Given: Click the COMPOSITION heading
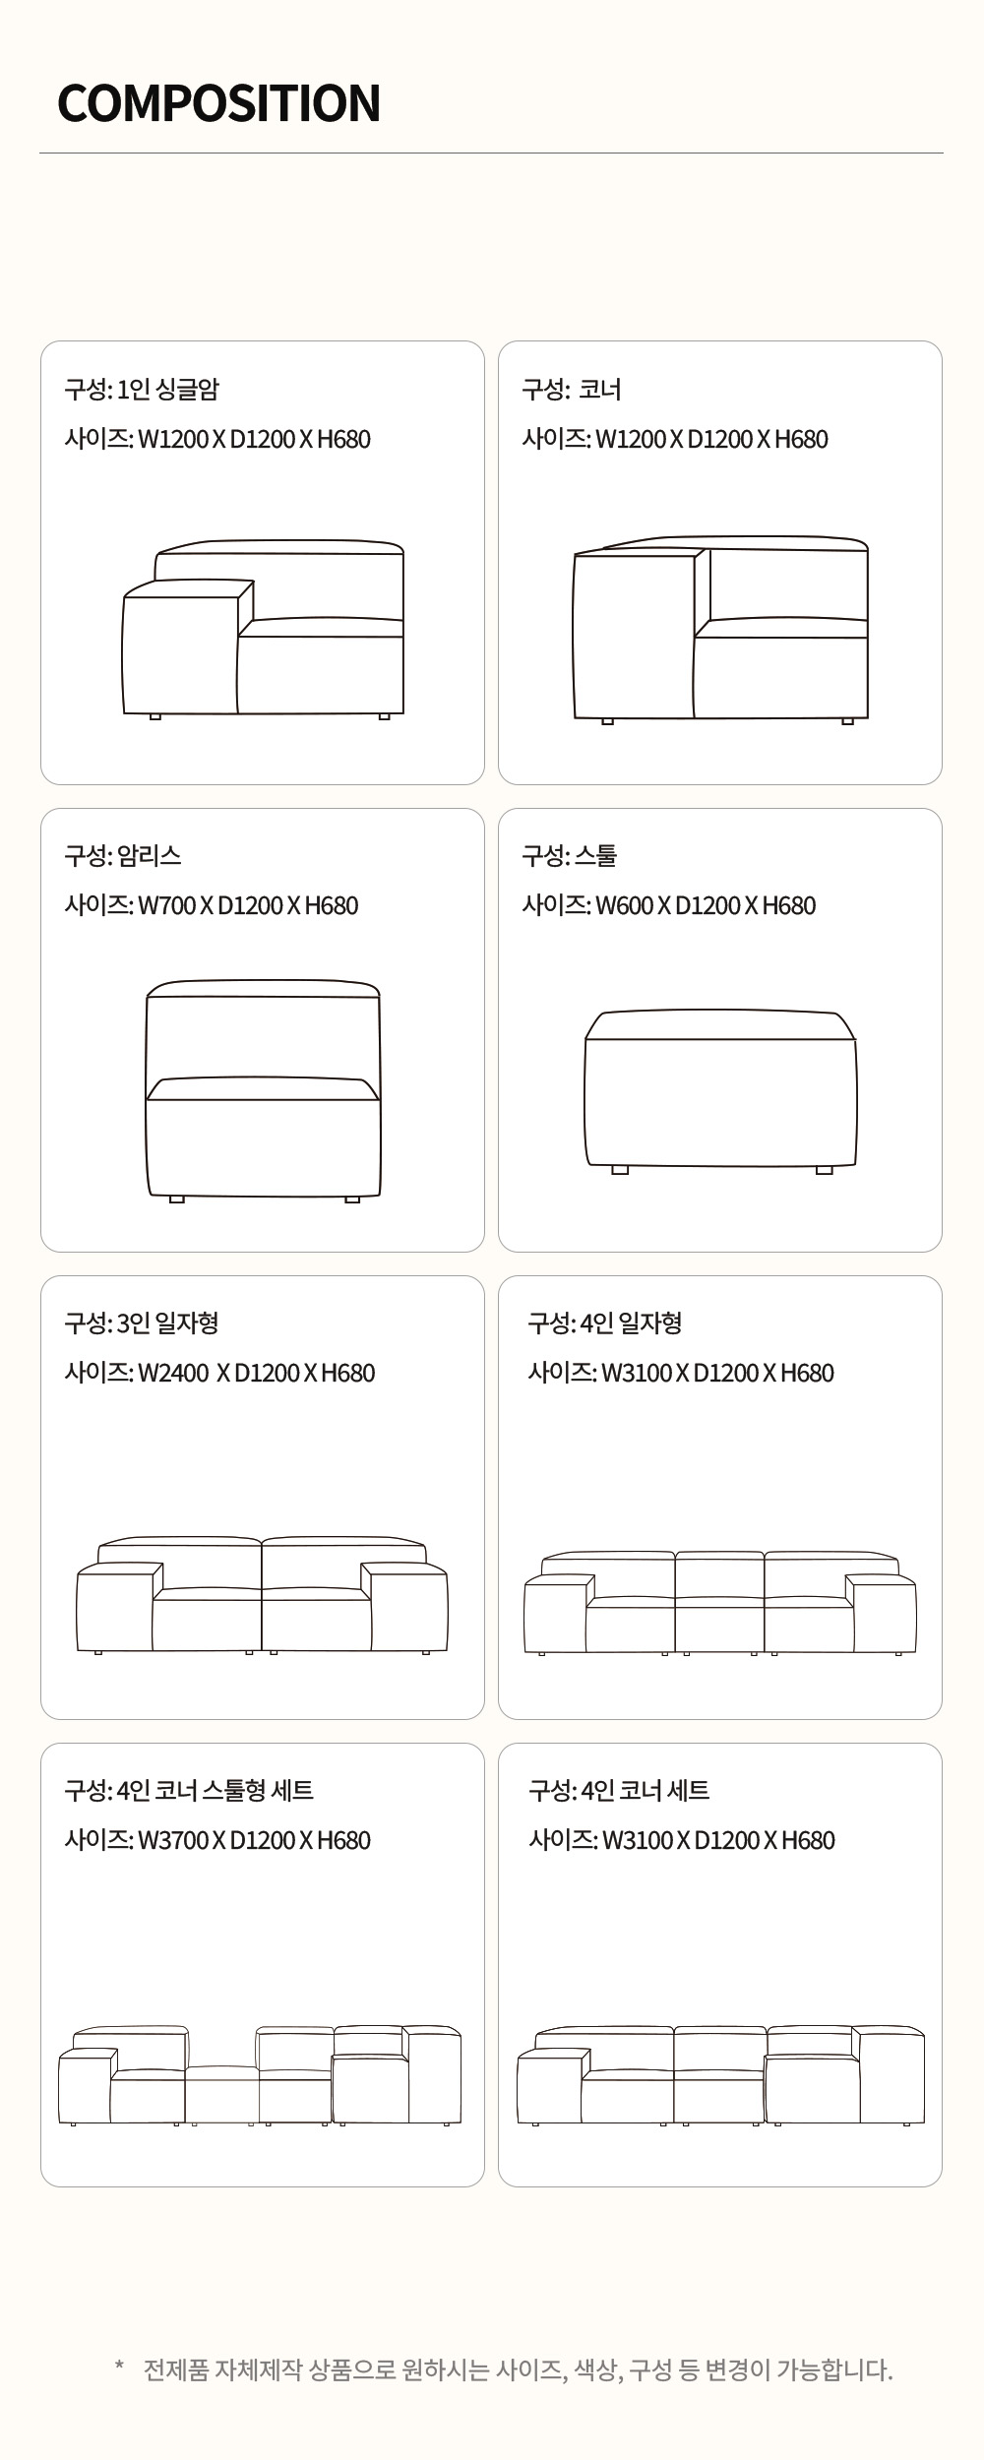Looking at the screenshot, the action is pos(218,103).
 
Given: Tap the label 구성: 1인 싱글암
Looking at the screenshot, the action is pos(142,390).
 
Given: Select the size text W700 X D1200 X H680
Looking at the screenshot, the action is pos(248,905).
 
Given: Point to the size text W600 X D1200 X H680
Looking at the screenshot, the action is pos(706,905).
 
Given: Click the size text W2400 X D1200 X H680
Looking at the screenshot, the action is pos(256,1373).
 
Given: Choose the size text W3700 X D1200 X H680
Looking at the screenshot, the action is pos(254,1840).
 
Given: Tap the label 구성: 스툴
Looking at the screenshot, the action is pos(570,856).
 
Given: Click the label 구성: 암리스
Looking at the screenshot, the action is pos(123,856).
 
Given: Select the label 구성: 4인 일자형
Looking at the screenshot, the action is pos(605,1323).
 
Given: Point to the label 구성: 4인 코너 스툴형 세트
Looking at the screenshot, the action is pos(189,1791).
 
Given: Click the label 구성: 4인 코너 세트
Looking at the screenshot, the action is pos(619,1791).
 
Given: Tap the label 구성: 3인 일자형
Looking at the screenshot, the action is pos(142,1323).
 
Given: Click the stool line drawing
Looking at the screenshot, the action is pos(720,1091).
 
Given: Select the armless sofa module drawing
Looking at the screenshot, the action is pos(263,1090).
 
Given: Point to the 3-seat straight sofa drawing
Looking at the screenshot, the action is pos(262,1594).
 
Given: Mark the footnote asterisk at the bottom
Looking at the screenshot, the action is pos(119,2365).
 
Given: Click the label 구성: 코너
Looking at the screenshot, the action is pos(572,390).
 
